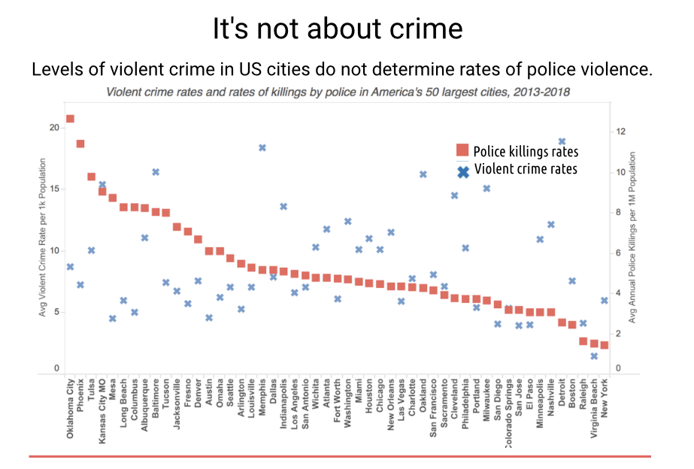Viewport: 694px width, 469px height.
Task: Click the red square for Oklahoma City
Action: (70, 119)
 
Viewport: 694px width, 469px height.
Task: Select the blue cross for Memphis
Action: (262, 147)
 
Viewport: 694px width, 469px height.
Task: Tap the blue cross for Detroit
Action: (562, 141)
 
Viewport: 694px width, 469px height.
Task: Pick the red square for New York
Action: (604, 345)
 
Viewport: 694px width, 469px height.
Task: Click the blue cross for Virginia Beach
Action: (594, 356)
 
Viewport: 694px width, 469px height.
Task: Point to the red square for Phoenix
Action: (80, 144)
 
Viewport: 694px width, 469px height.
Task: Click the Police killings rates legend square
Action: (462, 150)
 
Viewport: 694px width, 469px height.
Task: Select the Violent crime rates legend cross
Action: (462, 171)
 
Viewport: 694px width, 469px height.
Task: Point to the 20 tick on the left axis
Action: (53, 128)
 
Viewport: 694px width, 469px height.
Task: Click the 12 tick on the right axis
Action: (620, 132)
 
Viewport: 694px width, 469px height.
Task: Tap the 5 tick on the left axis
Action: (56, 313)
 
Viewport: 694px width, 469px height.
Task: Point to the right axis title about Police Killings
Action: (632, 238)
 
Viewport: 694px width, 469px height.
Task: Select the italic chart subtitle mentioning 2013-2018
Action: (338, 93)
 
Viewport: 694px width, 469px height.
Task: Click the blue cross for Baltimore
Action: (156, 172)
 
